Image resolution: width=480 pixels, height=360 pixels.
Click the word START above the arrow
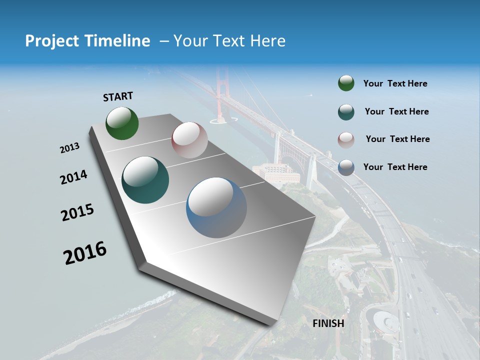click(x=118, y=96)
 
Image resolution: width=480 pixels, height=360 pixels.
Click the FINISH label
click(x=328, y=323)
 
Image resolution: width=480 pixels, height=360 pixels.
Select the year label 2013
click(x=70, y=148)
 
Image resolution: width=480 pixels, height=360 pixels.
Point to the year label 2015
click(x=77, y=212)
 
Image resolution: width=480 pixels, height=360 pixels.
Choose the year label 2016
click(x=85, y=253)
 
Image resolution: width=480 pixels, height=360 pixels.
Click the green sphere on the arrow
click(x=122, y=123)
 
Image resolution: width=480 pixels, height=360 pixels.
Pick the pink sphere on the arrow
click(x=189, y=140)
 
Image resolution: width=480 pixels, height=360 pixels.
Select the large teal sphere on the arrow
click(x=145, y=180)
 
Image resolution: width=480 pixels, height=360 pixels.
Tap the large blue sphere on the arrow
click(x=216, y=207)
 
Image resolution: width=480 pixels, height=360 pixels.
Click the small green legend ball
click(x=346, y=83)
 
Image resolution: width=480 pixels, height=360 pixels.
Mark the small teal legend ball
click(x=346, y=111)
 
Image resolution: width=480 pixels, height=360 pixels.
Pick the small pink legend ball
click(x=346, y=139)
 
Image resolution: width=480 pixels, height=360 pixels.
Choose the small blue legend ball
click(x=346, y=167)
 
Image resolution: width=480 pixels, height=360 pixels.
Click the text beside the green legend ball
click(x=395, y=83)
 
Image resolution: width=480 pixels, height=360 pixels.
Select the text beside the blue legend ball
click(x=395, y=167)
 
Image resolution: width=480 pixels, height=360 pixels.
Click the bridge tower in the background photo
click(x=221, y=95)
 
